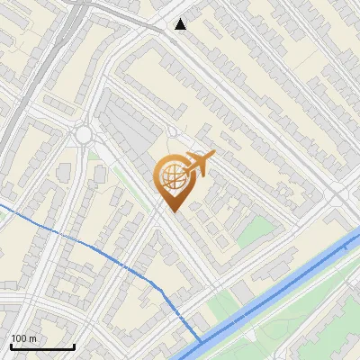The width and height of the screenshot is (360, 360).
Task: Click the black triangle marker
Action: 181,24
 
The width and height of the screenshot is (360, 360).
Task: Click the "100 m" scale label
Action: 23,338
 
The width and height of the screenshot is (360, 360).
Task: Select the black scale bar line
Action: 41,346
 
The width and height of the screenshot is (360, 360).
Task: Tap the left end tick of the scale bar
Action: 10,345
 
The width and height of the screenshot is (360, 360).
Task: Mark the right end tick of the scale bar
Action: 74,345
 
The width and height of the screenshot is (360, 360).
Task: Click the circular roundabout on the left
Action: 85,135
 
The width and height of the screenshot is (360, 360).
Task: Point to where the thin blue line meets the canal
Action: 200,341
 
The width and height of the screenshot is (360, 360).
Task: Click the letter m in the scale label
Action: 32,338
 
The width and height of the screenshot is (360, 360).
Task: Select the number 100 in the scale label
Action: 19,338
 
